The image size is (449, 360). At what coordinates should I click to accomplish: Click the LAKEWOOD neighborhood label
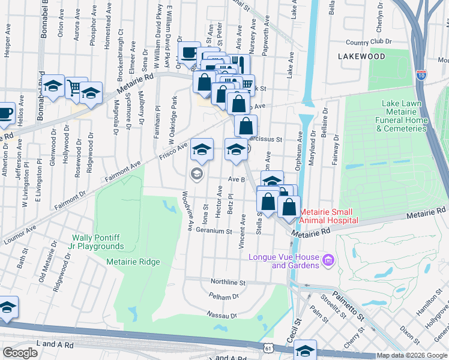(x=361, y=56)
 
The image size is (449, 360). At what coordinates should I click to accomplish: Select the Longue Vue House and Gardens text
(x=282, y=261)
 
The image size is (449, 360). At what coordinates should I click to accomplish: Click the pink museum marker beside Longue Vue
(x=328, y=260)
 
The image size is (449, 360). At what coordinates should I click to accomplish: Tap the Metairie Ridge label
(x=133, y=262)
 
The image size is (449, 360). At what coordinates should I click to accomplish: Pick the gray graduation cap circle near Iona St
(x=196, y=174)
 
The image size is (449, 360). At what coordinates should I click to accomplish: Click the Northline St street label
(x=228, y=282)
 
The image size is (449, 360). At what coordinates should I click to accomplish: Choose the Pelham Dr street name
(x=224, y=296)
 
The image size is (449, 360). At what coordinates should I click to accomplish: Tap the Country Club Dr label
(x=369, y=43)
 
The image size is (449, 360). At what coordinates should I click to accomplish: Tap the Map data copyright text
(x=412, y=355)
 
